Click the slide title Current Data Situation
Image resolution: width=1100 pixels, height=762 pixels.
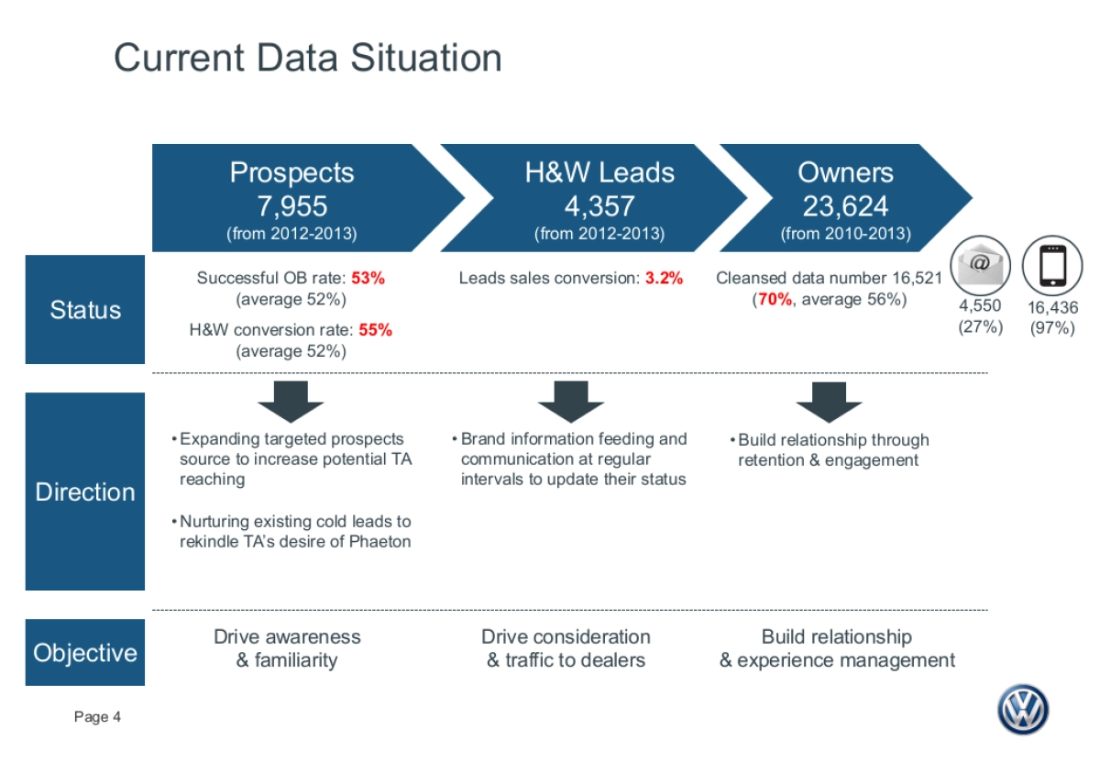coord(308,58)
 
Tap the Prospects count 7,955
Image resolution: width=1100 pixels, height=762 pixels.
coord(292,205)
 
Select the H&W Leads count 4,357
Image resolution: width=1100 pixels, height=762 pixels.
coord(599,205)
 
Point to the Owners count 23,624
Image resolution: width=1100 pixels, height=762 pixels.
coord(845,205)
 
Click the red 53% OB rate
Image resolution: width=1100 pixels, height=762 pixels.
coord(368,278)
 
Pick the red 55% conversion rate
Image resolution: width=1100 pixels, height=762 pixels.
coord(375,330)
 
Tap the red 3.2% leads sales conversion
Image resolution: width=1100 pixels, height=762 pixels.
coord(664,278)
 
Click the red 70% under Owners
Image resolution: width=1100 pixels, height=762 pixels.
coord(775,299)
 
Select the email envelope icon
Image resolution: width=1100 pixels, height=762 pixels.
coord(980,265)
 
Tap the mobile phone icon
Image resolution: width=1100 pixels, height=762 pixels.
coord(1052,265)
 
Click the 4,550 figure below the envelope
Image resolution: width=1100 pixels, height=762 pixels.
coord(980,305)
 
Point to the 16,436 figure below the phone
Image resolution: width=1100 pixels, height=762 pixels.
coord(1053,307)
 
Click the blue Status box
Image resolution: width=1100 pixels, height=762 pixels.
coord(85,310)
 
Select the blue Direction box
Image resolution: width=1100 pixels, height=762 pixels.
coord(85,491)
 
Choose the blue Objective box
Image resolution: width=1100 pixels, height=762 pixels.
coord(85,652)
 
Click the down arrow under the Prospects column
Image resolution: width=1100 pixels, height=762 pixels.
coord(291,402)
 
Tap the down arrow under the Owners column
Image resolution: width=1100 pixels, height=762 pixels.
coord(829,402)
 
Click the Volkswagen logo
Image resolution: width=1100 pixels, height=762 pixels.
coord(1023,710)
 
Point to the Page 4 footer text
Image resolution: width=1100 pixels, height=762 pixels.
coord(97,717)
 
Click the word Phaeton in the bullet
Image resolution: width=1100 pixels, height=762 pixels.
coord(379,541)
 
